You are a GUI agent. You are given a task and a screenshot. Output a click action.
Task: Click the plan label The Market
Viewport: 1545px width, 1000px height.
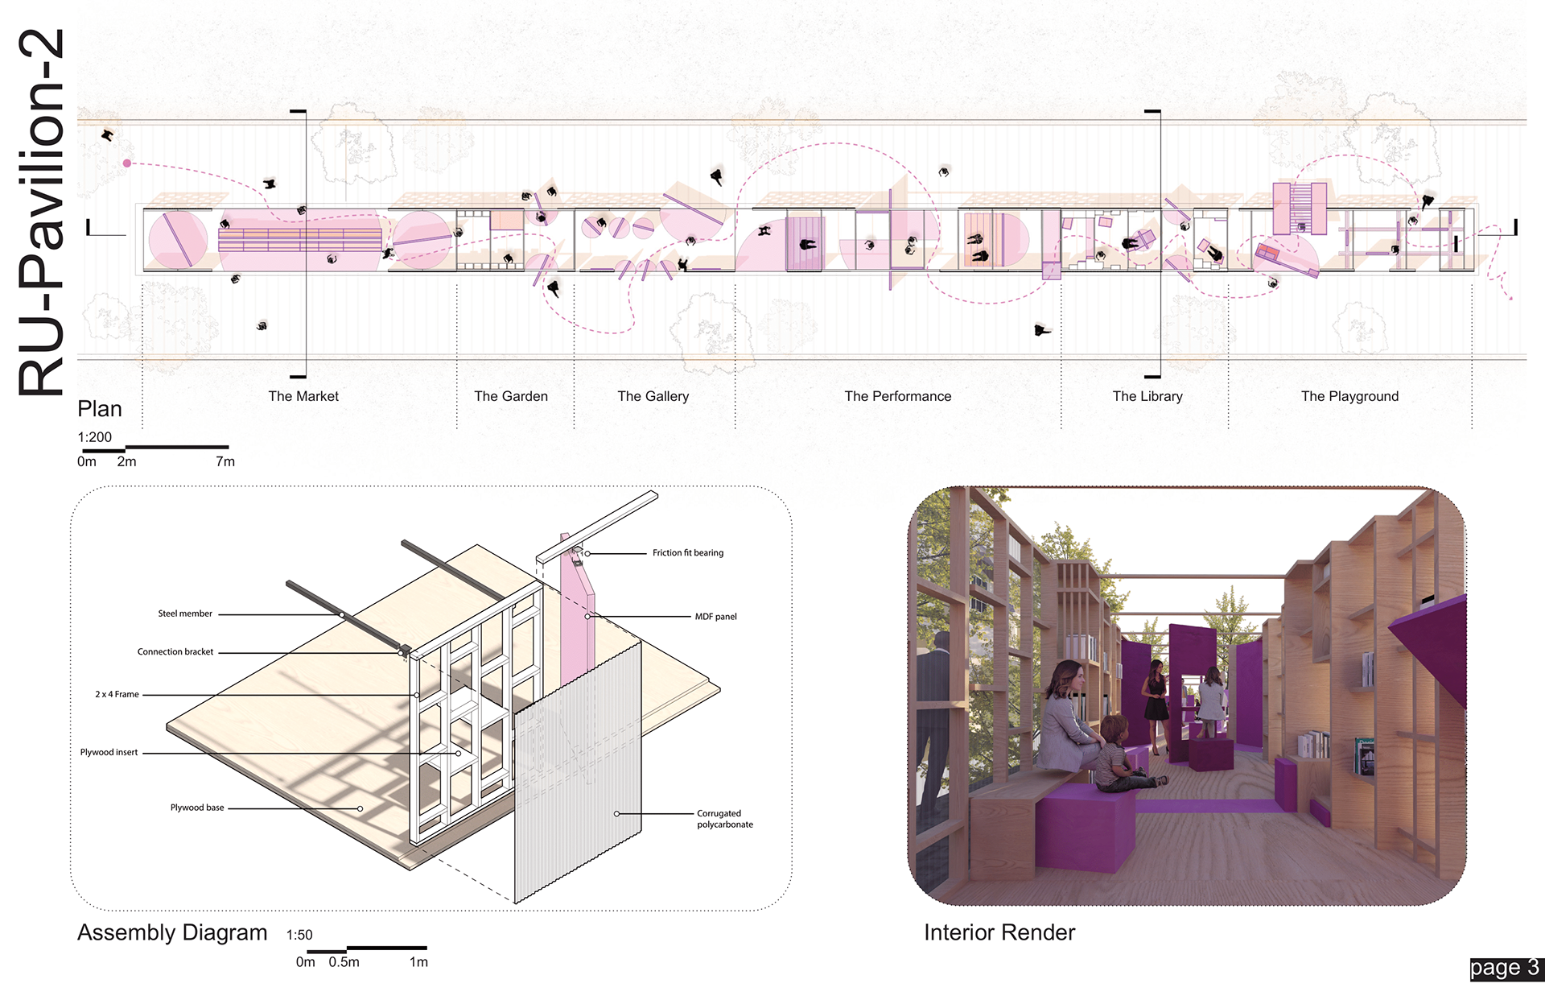303,396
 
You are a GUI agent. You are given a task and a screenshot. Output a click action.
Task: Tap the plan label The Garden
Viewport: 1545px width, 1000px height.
511,396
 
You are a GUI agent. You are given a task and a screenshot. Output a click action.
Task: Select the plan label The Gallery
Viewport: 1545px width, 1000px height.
653,396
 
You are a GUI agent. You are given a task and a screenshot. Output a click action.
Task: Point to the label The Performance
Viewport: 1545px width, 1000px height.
897,396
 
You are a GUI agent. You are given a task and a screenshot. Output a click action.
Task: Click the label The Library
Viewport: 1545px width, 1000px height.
1147,396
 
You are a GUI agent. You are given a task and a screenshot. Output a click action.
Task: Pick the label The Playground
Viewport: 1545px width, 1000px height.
1349,396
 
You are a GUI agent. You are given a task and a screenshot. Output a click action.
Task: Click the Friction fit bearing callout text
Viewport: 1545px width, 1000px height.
687,553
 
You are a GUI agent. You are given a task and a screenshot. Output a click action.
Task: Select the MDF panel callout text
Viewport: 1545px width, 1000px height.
715,617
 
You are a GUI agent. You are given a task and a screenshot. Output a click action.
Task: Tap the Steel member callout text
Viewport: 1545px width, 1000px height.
185,614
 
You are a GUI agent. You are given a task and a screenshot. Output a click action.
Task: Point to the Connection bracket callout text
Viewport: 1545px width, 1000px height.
175,652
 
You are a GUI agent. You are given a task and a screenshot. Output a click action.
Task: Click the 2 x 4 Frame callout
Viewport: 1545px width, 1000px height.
117,694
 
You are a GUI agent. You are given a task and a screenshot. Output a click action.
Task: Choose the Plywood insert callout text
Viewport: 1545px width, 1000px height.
109,752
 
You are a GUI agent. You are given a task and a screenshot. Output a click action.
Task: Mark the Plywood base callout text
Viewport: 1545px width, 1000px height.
197,808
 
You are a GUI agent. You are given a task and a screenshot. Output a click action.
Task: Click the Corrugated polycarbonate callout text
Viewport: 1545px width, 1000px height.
724,819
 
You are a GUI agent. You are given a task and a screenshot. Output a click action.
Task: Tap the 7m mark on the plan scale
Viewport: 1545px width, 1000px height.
225,462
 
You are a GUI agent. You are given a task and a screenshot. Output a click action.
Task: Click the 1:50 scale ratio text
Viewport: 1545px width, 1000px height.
299,935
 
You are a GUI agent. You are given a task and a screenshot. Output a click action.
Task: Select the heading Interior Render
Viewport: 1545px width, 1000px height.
999,932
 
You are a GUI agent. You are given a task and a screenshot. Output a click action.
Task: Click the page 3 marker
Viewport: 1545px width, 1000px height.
1504,968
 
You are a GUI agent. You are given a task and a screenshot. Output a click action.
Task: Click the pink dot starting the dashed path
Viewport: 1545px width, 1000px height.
127,163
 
